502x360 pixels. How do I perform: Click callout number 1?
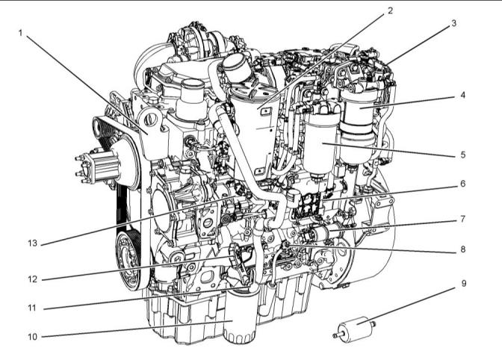pos(20,33)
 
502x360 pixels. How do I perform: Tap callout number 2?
pos(390,10)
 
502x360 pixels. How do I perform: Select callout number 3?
pos(453,23)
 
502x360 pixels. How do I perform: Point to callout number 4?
pos(462,95)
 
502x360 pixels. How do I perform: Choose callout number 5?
pos(463,155)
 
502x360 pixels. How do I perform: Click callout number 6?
pos(463,184)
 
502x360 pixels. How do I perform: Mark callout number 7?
pos(463,219)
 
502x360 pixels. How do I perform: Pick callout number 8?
pos(463,249)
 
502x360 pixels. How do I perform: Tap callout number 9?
pos(464,283)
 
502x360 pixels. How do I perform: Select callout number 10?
pos(33,337)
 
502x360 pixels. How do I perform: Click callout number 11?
pos(32,308)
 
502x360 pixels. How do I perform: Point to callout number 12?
pos(33,279)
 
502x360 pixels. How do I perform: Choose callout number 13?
pos(33,243)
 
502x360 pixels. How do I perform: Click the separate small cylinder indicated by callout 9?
pos(354,329)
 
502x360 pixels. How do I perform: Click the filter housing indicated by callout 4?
pos(358,125)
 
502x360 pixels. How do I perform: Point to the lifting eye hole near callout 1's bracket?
pos(149,120)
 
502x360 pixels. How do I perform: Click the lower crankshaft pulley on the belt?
pos(128,261)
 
